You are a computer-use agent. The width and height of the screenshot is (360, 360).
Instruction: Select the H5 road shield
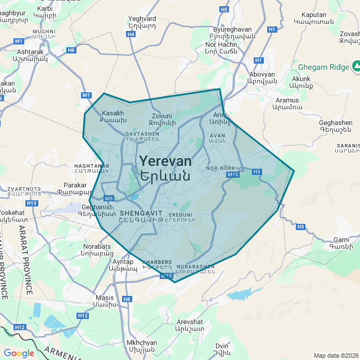point(224,9)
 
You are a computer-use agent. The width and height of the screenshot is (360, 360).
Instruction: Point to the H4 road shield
point(131,34)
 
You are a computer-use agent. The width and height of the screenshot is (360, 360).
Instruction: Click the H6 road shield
point(71,50)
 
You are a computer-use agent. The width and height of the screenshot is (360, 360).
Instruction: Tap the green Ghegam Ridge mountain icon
point(356,66)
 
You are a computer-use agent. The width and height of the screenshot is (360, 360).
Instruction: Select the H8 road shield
point(127,299)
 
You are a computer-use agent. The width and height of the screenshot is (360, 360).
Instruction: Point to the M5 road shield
point(109,198)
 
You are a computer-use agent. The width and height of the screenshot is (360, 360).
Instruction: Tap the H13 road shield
point(31,202)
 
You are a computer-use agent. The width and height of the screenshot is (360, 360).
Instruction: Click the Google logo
point(19,353)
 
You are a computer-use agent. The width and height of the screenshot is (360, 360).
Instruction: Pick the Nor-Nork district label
point(220,168)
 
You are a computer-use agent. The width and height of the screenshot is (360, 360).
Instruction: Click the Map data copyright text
point(336,355)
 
